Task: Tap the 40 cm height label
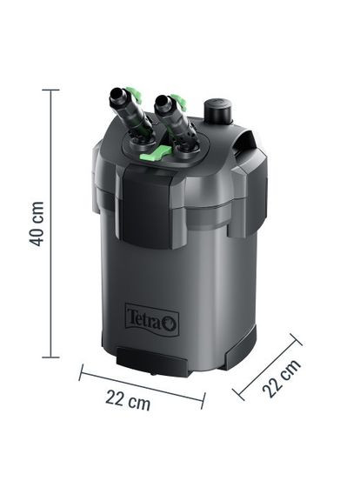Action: coord(37,224)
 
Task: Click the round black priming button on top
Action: coord(215,111)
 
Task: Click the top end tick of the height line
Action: coord(50,90)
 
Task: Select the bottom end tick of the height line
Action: coord(50,357)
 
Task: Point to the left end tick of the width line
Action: coord(81,373)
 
